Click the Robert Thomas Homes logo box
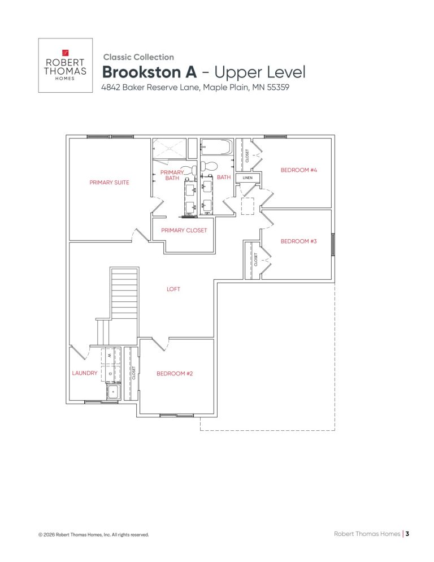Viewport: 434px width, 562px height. tap(65, 65)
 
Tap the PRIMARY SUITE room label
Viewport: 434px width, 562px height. tap(109, 183)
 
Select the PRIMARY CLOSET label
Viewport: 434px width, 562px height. tap(184, 231)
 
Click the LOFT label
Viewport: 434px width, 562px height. tap(173, 289)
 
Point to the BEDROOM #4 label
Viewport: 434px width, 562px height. tap(299, 170)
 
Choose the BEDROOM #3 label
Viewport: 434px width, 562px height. tap(298, 241)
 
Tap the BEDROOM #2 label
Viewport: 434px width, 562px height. tap(175, 374)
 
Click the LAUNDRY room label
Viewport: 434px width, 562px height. tap(85, 373)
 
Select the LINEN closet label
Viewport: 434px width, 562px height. tap(248, 178)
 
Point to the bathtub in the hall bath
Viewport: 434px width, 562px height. tap(216, 147)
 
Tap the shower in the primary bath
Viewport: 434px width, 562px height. tap(169, 148)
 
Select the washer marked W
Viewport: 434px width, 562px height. tap(111, 356)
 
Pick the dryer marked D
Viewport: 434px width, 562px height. tap(111, 374)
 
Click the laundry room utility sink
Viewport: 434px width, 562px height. tap(114, 392)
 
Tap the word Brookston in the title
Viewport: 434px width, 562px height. tap(149, 72)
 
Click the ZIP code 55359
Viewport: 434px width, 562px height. tap(278, 87)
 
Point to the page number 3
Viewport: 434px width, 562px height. tap(407, 534)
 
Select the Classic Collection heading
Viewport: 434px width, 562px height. tap(138, 57)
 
